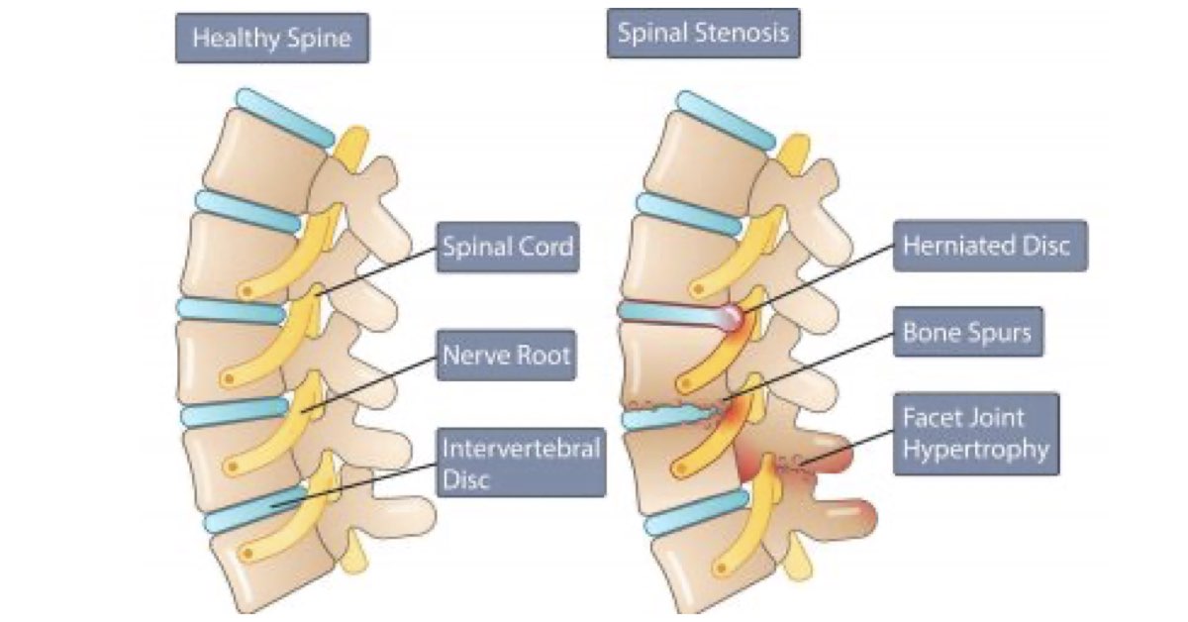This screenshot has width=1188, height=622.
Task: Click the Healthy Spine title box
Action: click(x=271, y=39)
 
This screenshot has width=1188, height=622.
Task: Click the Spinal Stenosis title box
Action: click(x=703, y=33)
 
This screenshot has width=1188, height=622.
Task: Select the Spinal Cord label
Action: click(x=507, y=247)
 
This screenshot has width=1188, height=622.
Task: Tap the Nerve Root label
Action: click(x=506, y=355)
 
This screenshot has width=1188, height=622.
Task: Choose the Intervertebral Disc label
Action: click(x=521, y=464)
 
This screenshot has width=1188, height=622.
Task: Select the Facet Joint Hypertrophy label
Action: click(x=975, y=434)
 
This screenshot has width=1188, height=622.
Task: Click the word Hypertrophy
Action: click(x=975, y=450)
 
